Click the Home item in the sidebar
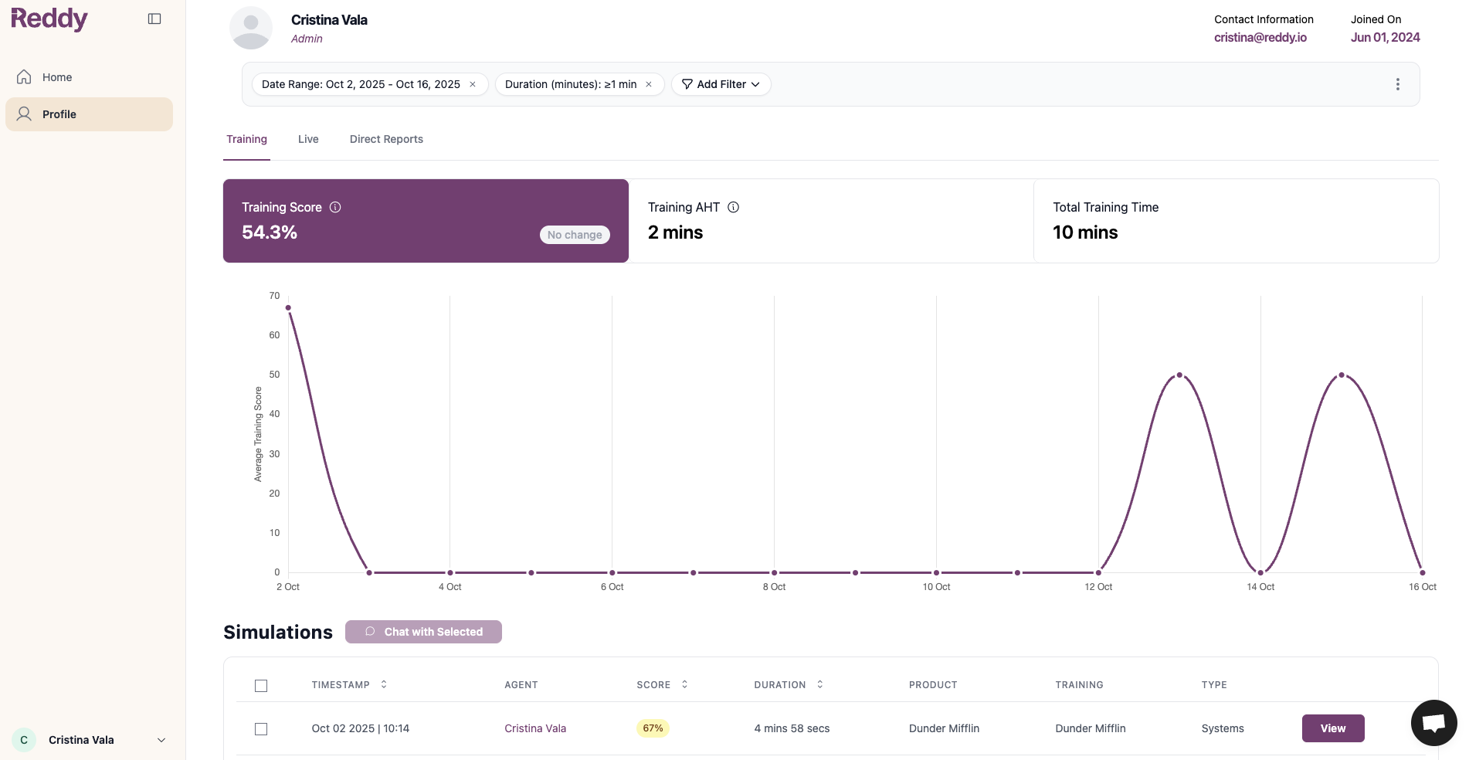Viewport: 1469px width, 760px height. pyautogui.click(x=56, y=77)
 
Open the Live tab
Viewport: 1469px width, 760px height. pyautogui.click(x=308, y=139)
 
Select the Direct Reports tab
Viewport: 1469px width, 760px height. pyautogui.click(x=386, y=139)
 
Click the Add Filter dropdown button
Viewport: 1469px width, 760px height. pyautogui.click(x=721, y=84)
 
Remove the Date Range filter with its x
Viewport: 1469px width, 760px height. pyautogui.click(x=473, y=84)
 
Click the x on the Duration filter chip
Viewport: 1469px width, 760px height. pyautogui.click(x=649, y=84)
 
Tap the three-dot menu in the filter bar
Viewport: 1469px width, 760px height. pyautogui.click(x=1397, y=84)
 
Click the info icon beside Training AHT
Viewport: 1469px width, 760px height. pyautogui.click(x=734, y=207)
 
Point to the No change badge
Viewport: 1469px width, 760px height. pyautogui.click(x=575, y=235)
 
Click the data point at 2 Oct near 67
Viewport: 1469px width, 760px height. pyautogui.click(x=288, y=307)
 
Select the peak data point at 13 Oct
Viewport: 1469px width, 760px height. pyautogui.click(x=1179, y=375)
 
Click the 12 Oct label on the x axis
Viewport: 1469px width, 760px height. pyautogui.click(x=1098, y=587)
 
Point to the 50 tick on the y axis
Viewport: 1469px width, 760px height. pyautogui.click(x=274, y=375)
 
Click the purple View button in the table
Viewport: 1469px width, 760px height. pyautogui.click(x=1332, y=728)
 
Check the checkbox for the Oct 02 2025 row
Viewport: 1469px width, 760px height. pyautogui.click(x=261, y=729)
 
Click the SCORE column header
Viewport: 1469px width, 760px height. pyautogui.click(x=653, y=685)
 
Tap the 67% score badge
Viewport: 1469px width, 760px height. pyautogui.click(x=653, y=728)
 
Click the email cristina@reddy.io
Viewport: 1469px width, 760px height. pyautogui.click(x=1260, y=37)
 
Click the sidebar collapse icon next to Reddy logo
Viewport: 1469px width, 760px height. pyautogui.click(x=154, y=19)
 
